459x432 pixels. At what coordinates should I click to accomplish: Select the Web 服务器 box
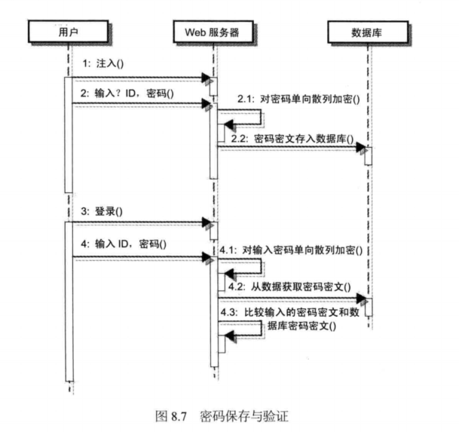pos(215,32)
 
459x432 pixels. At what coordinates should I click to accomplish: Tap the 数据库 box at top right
pos(369,32)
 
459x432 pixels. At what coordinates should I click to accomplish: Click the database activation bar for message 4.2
pos(369,306)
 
